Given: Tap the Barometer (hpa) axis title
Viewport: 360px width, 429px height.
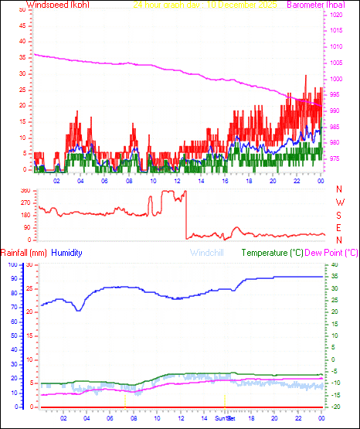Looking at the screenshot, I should point(313,5).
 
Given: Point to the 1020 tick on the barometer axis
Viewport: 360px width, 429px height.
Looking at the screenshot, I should point(337,15).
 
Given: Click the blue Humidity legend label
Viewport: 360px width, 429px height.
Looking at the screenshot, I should point(67,253).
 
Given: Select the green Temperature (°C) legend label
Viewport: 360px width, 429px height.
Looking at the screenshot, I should point(272,253).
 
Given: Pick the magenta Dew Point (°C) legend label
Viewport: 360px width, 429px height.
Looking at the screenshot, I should point(332,253).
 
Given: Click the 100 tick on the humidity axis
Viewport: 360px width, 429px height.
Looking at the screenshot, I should point(12,264).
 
